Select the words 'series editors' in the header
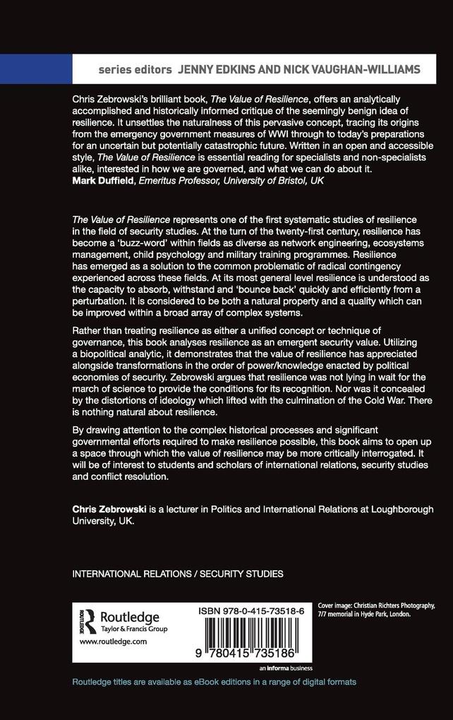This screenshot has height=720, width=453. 135,69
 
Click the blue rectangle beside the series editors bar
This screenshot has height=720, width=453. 36,69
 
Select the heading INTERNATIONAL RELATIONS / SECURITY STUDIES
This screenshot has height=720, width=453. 178,574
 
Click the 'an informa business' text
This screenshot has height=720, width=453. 286,668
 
